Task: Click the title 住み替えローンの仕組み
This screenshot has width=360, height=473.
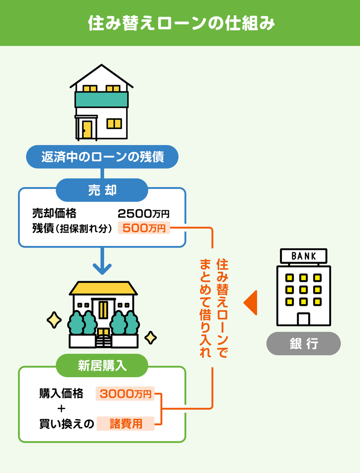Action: tap(180, 23)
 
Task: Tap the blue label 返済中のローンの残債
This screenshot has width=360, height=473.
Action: tap(102, 157)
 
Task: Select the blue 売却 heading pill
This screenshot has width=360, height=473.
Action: tap(102, 190)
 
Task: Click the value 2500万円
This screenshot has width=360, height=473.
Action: tap(143, 214)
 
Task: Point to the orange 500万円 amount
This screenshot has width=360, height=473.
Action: tap(144, 228)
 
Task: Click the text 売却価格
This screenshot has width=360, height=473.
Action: tap(54, 214)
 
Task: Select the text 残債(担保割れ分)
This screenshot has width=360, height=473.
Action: tap(72, 229)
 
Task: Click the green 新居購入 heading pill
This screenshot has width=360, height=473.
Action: tap(102, 366)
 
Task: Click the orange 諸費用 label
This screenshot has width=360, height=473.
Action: tap(126, 424)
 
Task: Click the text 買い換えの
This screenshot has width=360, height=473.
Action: tap(67, 424)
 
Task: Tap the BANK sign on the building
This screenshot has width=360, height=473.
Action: tap(303, 256)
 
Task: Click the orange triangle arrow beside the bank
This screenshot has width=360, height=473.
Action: tap(251, 303)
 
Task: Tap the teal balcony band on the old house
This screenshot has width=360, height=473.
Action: tap(102, 99)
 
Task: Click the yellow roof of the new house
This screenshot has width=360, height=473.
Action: tap(103, 289)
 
